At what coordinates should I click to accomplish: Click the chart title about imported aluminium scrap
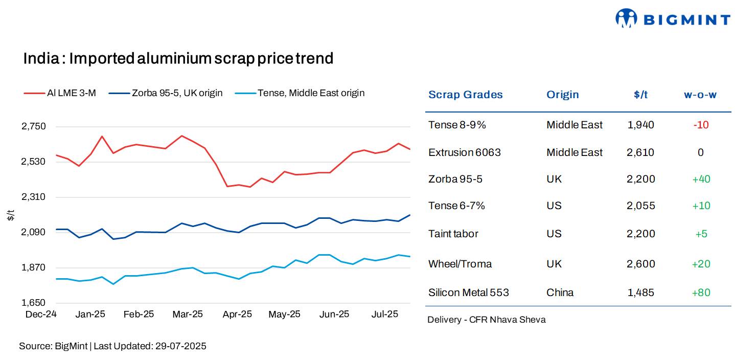click(x=178, y=58)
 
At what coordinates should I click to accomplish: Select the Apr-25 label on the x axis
click(x=237, y=314)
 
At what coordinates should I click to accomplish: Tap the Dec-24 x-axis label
click(x=41, y=314)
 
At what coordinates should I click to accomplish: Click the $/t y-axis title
click(x=11, y=215)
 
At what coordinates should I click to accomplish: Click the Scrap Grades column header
click(x=465, y=95)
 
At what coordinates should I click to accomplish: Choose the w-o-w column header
click(x=700, y=95)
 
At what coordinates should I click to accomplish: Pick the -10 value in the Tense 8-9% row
click(x=701, y=125)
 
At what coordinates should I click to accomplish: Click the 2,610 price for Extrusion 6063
click(x=640, y=152)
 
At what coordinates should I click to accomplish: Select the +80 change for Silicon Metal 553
click(x=701, y=292)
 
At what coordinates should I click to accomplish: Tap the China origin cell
click(x=560, y=292)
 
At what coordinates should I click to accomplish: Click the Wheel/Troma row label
click(x=460, y=264)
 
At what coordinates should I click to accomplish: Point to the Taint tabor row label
click(x=453, y=234)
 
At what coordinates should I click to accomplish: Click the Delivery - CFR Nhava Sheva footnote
click(x=487, y=320)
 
